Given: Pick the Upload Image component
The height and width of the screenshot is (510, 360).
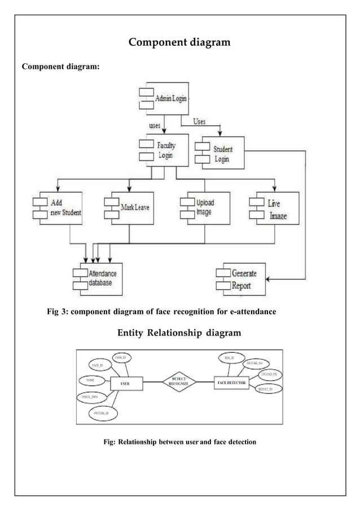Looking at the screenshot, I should pyautogui.click(x=204, y=207).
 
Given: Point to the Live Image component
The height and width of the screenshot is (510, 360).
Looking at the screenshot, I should pyautogui.click(x=275, y=207).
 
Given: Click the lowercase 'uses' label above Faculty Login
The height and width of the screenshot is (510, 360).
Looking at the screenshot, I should pyautogui.click(x=155, y=126).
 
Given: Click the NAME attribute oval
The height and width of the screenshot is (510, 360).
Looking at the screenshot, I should pyautogui.click(x=90, y=382).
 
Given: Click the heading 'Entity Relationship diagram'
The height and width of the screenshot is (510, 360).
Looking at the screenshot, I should pyautogui.click(x=179, y=333).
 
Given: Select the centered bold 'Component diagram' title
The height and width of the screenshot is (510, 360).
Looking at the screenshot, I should pyautogui.click(x=179, y=42).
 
